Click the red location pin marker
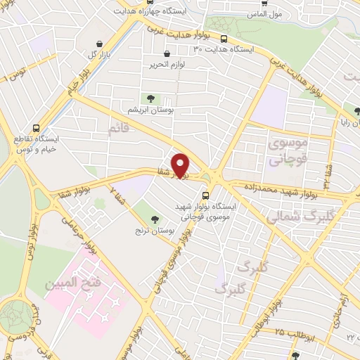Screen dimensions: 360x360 click(181, 164)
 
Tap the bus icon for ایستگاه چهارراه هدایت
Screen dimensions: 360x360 click(139, 13)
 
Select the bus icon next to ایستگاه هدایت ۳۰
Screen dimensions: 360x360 click(224, 39)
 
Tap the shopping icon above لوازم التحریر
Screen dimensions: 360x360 click(167, 53)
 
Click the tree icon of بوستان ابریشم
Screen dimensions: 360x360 click(150, 98)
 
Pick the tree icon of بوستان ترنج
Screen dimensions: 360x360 click(146, 205)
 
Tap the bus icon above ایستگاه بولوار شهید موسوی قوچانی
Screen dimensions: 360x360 click(205, 195)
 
